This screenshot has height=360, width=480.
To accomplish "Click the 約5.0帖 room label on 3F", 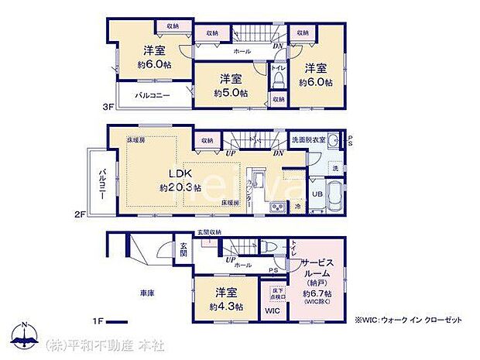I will [x=231, y=85].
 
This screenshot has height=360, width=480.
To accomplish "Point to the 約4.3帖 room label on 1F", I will [x=227, y=300].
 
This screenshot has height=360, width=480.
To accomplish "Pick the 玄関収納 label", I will [x=207, y=232].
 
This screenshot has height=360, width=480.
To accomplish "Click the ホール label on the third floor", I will [x=241, y=51].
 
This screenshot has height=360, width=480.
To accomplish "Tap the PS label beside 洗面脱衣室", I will [x=350, y=141].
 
